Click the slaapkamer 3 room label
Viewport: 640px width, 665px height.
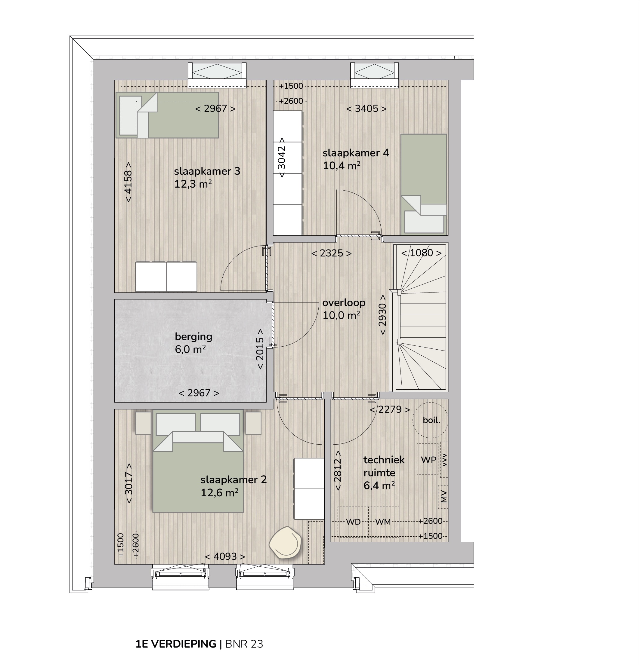207,171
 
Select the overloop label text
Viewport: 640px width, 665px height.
344,303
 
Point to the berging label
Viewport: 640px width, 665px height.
193,337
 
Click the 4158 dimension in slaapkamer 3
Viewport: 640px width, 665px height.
128,182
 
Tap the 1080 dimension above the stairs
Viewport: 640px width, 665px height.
421,253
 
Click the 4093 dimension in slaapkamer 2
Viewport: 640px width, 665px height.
225,556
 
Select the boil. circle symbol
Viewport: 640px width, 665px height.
430,420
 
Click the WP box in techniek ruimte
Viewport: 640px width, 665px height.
428,460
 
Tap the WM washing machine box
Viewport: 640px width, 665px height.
383,522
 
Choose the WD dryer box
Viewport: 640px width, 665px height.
353,522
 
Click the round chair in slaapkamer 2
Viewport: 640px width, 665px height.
285,543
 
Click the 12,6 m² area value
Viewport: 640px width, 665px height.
219,492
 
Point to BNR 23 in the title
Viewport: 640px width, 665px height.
244,644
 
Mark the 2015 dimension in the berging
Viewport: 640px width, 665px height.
260,349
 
